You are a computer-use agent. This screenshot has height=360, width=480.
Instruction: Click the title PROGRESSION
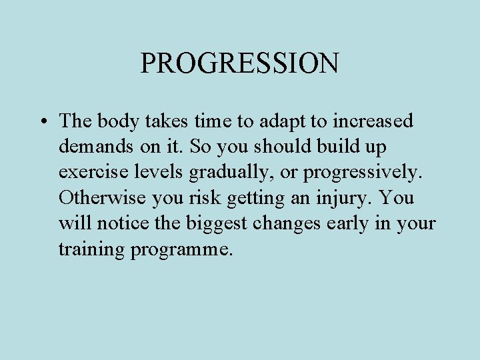pyautogui.click(x=239, y=63)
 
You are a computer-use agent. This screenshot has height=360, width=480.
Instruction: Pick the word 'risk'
pyautogui.click(x=211, y=198)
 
